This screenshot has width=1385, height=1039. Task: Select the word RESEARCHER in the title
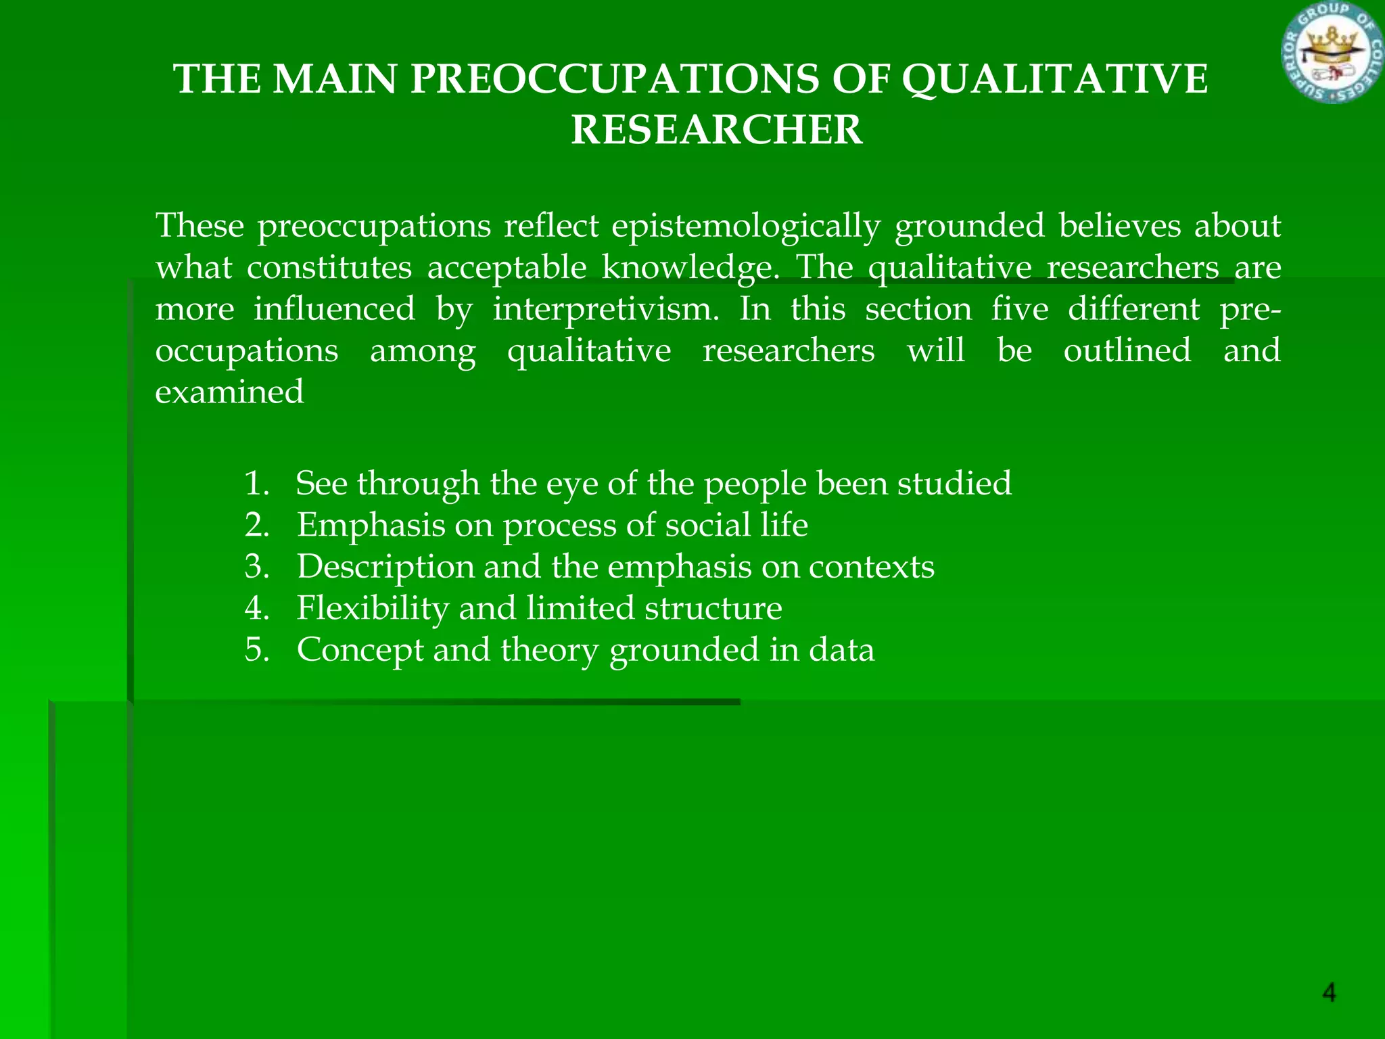tap(717, 130)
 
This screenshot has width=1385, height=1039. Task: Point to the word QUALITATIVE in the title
tap(1056, 79)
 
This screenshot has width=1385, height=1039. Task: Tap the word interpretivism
tap(606, 310)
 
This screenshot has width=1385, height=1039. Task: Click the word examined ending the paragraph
tap(229, 392)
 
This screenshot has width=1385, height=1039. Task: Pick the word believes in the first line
tap(1119, 226)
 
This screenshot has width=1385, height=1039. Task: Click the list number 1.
tap(256, 484)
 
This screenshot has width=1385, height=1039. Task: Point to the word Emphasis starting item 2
tap(371, 526)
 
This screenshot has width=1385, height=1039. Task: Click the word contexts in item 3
tap(872, 567)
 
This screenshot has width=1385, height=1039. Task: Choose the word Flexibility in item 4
tap(373, 608)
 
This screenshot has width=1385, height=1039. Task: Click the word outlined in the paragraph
tap(1127, 351)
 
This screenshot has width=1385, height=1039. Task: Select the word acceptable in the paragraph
tap(507, 268)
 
